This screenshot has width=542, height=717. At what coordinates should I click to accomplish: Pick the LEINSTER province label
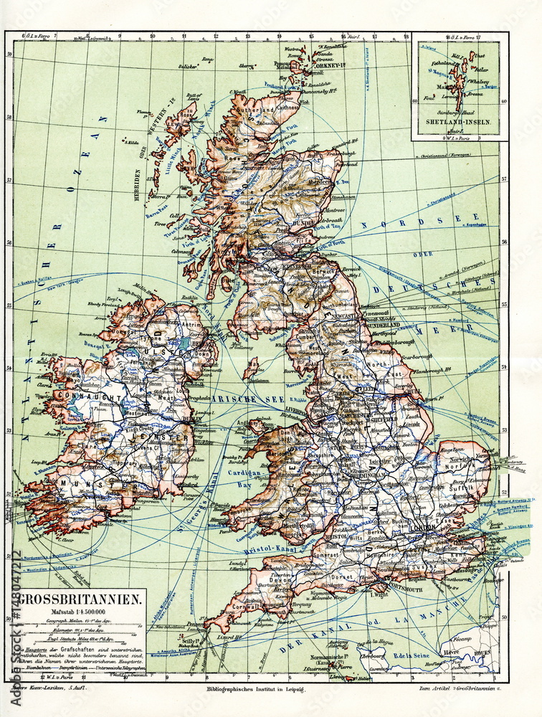(169, 437)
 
